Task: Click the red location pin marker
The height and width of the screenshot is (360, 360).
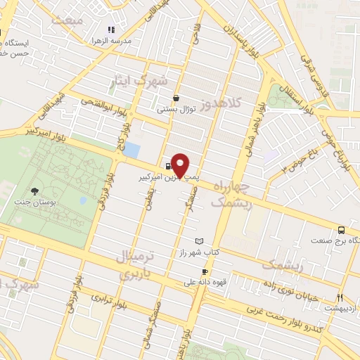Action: tap(181, 165)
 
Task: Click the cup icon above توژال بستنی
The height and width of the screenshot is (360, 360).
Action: tap(175, 98)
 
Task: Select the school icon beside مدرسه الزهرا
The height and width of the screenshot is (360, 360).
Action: tap(110, 30)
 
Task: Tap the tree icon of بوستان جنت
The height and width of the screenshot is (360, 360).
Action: tap(34, 191)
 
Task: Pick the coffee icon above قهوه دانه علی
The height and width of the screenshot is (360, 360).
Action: tap(204, 271)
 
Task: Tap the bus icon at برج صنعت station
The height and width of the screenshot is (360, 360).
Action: tap(341, 229)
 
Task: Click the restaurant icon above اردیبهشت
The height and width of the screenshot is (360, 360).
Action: tap(340, 297)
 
